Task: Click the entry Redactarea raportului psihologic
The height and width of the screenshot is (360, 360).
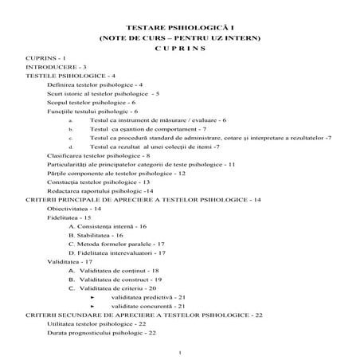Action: click(101, 191)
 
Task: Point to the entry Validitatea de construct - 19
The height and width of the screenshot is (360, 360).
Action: click(116, 280)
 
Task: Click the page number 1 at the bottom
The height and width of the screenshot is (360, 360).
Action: click(182, 351)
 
